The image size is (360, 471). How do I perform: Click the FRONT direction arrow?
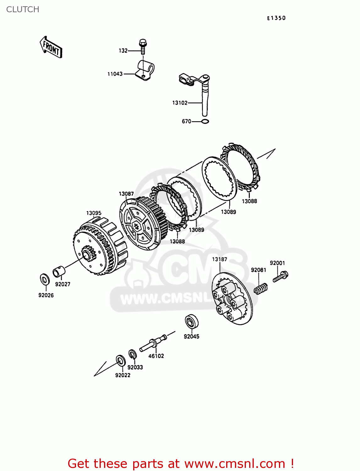click(51, 47)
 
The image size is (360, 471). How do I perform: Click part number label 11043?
click(115, 74)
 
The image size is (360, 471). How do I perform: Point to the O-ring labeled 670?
click(205, 122)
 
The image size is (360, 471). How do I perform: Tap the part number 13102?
click(180, 103)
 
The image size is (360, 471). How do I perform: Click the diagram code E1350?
click(276, 18)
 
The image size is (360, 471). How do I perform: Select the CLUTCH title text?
click(23, 9)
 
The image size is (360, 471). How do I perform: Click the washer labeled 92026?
click(44, 279)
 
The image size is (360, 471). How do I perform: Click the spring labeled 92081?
click(261, 289)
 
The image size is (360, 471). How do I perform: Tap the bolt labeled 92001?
click(281, 277)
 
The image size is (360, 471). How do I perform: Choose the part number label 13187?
click(220, 259)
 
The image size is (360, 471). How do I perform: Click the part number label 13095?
click(94, 213)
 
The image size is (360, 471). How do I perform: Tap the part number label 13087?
click(126, 194)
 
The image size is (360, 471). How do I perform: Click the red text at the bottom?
click(181, 463)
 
